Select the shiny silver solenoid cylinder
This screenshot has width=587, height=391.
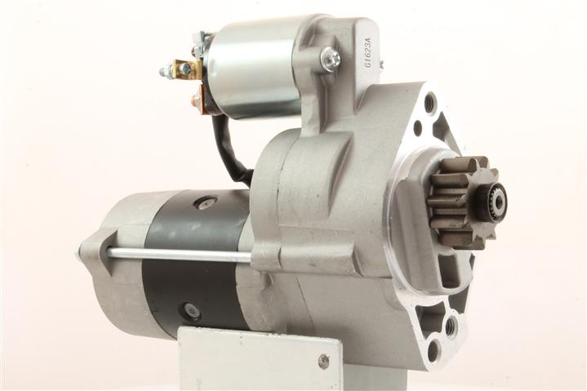click(255, 68)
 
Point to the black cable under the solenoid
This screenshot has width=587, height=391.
click(229, 149)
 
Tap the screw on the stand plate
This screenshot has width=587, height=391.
click(323, 361)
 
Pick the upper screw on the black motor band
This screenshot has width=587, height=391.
click(204, 202)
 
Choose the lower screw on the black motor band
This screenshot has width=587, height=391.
click(191, 309)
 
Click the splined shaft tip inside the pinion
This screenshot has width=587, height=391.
click(498, 202)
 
